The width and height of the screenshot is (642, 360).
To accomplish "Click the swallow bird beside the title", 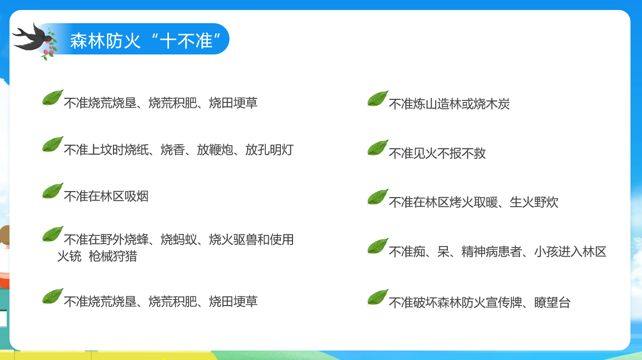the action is (32, 38).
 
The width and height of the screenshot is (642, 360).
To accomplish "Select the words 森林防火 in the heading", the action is (105, 40).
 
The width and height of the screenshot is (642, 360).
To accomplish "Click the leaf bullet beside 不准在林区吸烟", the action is (52, 191).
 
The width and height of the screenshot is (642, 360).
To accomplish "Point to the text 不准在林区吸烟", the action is (106, 196).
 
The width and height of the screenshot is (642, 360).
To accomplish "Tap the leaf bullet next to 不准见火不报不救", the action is (378, 148).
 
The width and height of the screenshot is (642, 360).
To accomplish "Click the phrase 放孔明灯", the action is (269, 150).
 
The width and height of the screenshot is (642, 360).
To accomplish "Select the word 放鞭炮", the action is (215, 150).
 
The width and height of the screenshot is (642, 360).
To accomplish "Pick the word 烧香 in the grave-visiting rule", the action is (172, 150).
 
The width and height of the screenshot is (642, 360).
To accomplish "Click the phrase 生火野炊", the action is (534, 202).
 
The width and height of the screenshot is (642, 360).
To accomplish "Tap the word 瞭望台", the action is (552, 303).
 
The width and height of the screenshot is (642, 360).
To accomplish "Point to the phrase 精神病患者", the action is (492, 252).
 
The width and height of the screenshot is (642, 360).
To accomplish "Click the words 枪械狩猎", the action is (112, 256).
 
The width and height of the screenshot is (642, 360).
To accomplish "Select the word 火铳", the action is (70, 256).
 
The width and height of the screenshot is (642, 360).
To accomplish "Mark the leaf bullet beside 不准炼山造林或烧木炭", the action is (378, 99).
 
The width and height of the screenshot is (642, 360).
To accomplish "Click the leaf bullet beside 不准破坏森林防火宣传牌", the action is (378, 297).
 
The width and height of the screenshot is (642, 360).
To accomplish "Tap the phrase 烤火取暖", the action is (474, 202).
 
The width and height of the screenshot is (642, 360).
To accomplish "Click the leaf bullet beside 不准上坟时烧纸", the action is (52, 144).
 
